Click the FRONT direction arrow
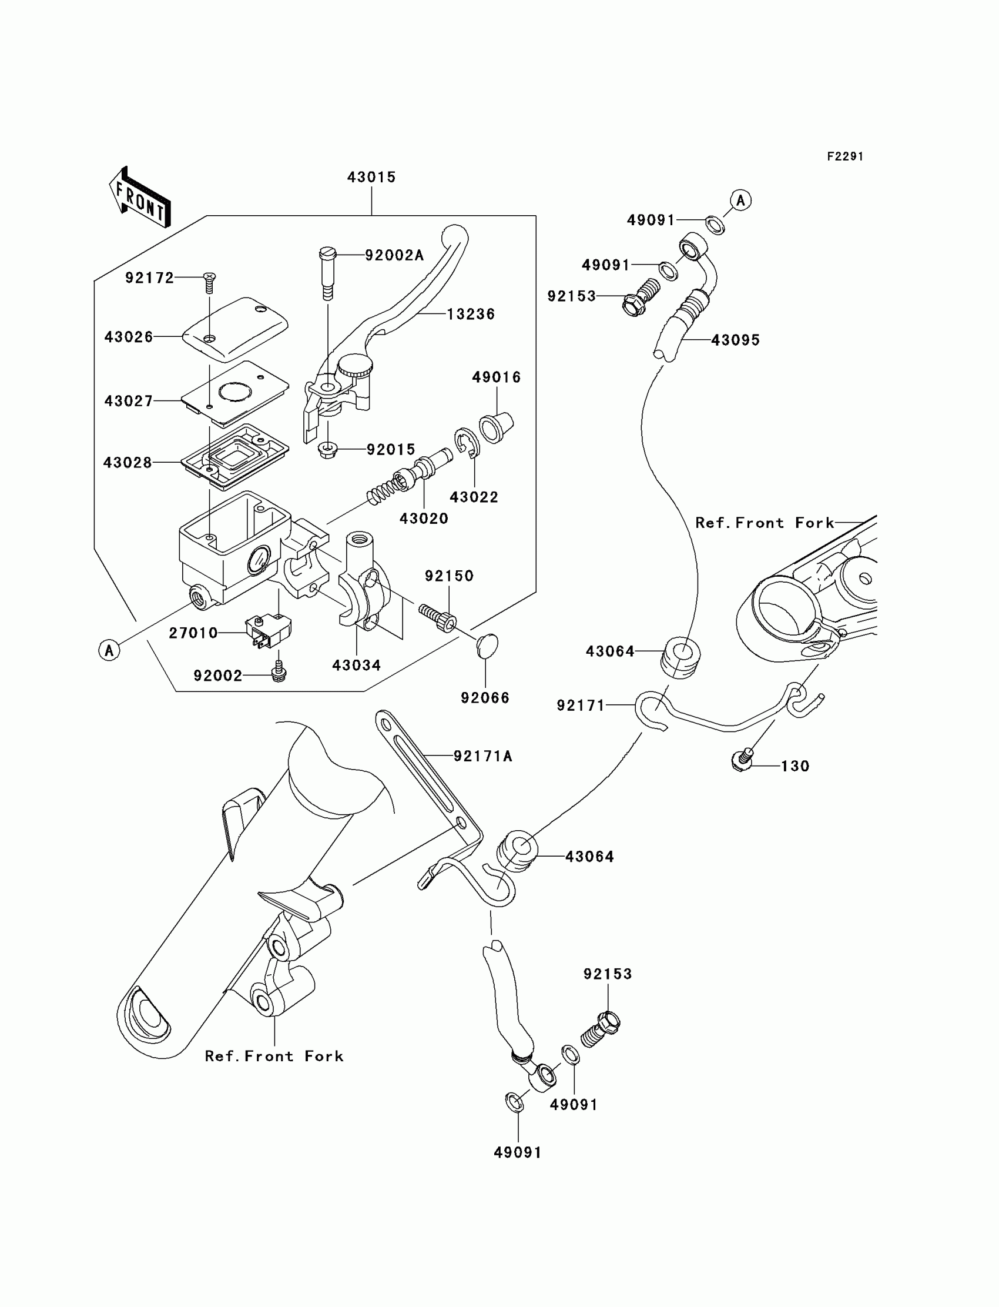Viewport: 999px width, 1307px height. coord(140,198)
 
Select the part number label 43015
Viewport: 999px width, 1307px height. coord(371,178)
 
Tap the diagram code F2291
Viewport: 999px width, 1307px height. coord(845,156)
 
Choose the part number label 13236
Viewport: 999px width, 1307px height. coord(471,314)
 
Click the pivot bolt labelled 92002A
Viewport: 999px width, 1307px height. coord(327,274)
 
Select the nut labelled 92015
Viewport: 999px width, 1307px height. coord(328,450)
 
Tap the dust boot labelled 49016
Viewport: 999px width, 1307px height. coord(496,425)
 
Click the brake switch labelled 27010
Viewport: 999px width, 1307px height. coord(268,630)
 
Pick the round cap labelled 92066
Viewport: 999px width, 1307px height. coord(487,646)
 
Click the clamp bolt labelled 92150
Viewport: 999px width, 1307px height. coord(438,619)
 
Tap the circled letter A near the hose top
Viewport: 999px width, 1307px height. coord(740,200)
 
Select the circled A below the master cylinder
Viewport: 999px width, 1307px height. coord(109,650)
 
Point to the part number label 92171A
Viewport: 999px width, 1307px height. coord(483,756)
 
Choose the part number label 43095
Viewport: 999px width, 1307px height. coord(736,340)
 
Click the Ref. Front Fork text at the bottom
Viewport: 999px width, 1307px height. coord(274,1056)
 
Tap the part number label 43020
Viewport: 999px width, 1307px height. coord(424,519)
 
